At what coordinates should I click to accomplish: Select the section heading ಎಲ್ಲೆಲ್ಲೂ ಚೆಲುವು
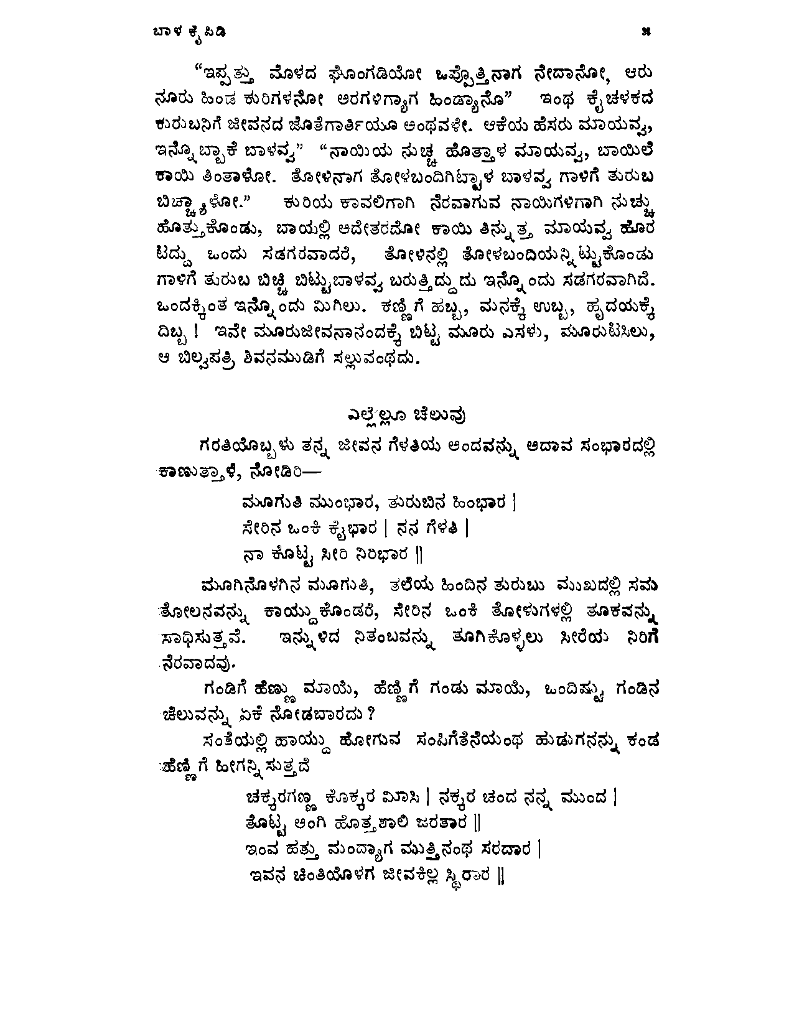pyautogui.click(x=407, y=414)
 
